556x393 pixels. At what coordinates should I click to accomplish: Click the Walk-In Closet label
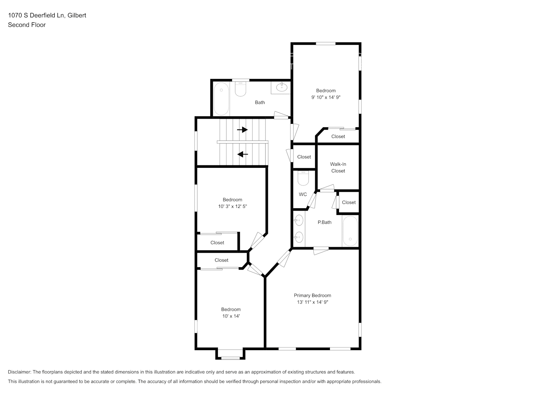coord(338,167)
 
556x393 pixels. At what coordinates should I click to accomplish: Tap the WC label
coord(303,195)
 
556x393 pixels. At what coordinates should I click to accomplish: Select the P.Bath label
coord(324,222)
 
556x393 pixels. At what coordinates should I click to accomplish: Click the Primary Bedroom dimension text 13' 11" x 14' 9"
coord(313,302)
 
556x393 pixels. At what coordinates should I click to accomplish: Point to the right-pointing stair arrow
coord(242,130)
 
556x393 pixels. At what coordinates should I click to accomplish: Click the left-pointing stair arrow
coord(243,154)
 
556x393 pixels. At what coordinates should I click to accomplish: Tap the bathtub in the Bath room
coord(221,99)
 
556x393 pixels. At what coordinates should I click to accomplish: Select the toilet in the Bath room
coord(240,89)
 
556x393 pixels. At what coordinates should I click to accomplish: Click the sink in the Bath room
coord(282,87)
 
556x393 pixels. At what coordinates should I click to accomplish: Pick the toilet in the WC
coord(303,178)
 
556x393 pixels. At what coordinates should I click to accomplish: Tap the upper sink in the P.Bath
coord(299,220)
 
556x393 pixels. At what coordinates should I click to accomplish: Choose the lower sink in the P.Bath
coord(299,237)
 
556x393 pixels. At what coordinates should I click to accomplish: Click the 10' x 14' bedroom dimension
coord(231,316)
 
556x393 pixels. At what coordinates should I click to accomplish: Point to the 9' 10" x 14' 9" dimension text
coord(326,97)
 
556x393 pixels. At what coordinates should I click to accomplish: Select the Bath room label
coord(260,103)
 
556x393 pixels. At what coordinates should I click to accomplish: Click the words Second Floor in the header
coord(27,25)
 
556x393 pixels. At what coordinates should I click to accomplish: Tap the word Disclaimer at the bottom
coord(19,372)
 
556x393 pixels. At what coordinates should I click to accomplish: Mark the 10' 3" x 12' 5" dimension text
coord(232,206)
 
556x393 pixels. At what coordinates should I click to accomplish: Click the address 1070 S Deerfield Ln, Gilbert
coord(47,15)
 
